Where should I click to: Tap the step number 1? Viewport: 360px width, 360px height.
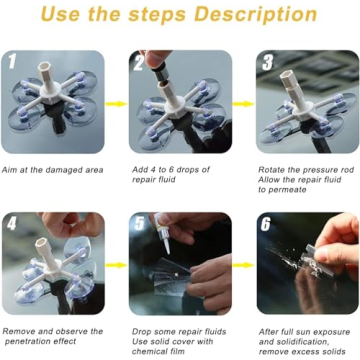(x=13, y=63)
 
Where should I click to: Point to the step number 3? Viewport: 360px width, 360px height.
(x=268, y=63)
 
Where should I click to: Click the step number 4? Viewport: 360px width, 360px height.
(x=13, y=223)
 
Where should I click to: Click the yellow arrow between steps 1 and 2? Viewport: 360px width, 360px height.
(x=116, y=102)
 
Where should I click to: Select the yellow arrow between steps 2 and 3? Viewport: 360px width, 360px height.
(x=243, y=102)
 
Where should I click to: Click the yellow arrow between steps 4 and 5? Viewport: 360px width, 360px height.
(x=116, y=263)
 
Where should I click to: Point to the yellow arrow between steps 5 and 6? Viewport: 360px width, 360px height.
(x=243, y=263)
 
